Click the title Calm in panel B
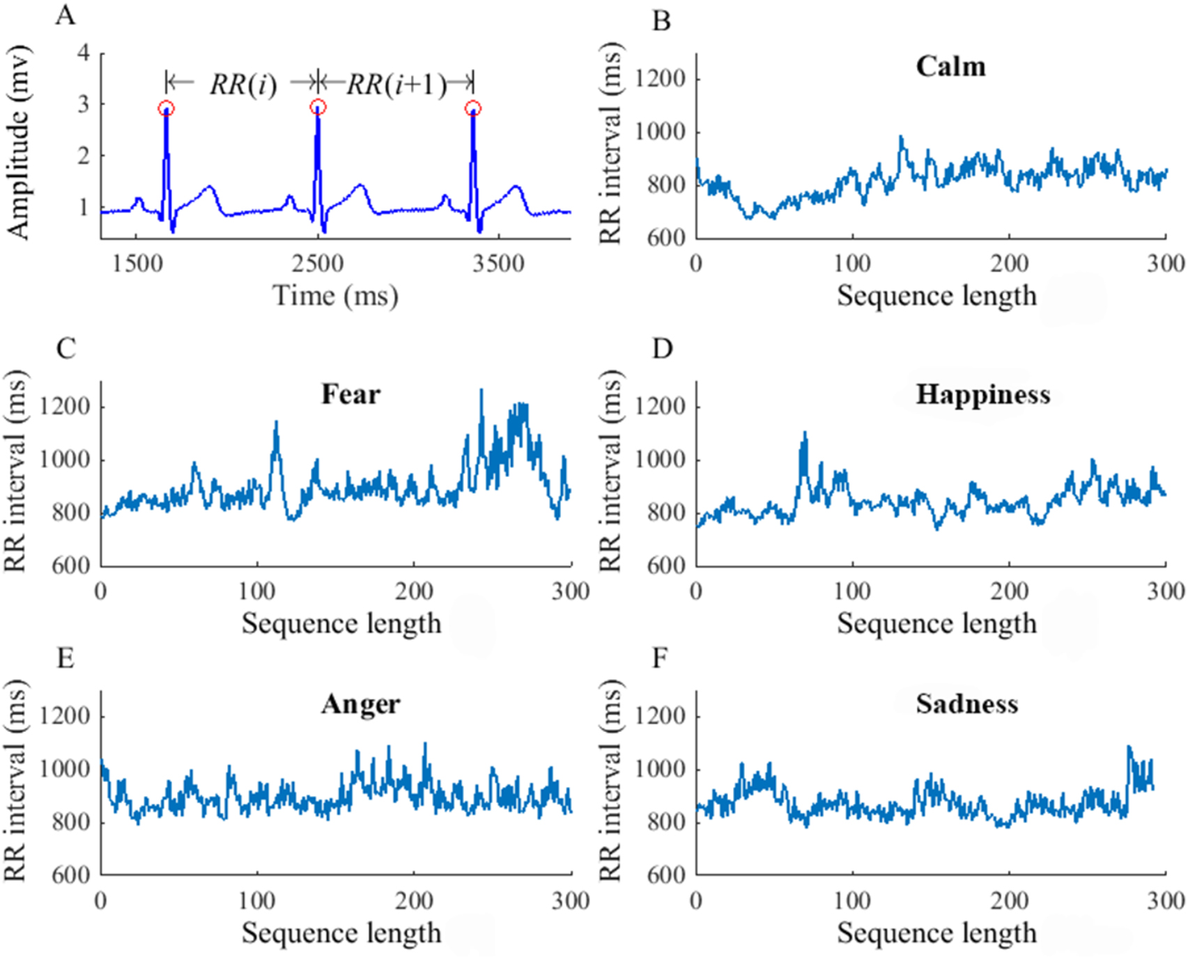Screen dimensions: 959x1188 pos(950,67)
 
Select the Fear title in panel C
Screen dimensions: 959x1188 pos(350,394)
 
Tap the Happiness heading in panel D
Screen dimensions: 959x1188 pos(982,394)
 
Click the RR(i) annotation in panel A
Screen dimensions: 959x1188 pos(243,84)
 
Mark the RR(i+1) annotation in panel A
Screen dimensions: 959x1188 pos(396,84)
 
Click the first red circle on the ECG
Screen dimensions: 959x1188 pos(166,108)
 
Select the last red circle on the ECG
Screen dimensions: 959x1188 pos(473,109)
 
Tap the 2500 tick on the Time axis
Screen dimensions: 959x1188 pos(318,264)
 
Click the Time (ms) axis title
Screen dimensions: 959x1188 pos(335,296)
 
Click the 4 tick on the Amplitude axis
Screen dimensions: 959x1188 pos(84,53)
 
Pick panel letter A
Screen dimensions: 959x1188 pos(65,14)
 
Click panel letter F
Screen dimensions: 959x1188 pos(660,657)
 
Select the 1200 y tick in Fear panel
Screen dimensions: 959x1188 pos(65,406)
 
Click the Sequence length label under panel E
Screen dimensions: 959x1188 pos(341,933)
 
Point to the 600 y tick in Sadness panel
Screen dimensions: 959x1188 pos(666,875)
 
